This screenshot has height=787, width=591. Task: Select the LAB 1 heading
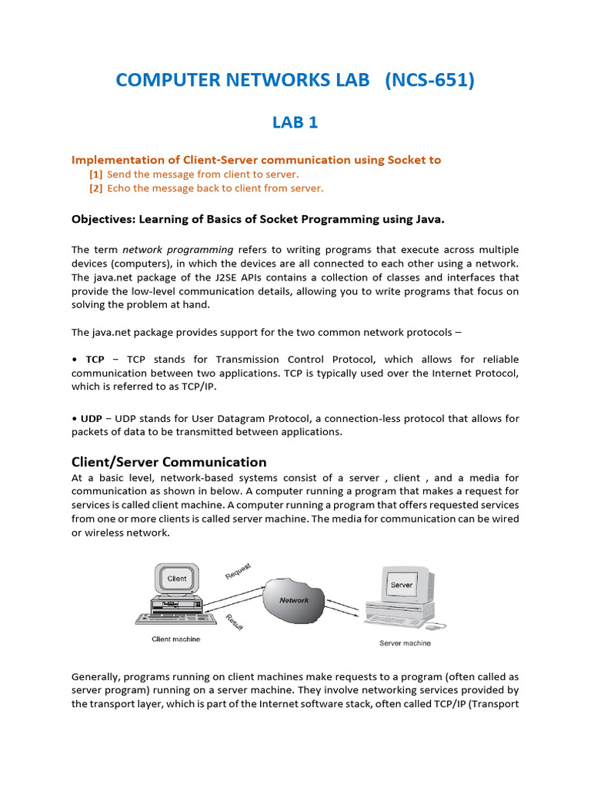(295, 122)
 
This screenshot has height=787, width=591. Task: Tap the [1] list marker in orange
(96, 174)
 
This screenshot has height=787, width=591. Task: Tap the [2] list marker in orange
(96, 188)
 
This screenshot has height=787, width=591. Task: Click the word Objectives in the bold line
(102, 219)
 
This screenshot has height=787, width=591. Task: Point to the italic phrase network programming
(178, 250)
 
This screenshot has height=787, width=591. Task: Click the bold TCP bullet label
(95, 360)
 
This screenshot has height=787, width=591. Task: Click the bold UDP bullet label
(91, 419)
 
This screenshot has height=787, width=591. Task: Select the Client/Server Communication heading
(169, 462)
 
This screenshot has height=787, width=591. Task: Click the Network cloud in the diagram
(294, 600)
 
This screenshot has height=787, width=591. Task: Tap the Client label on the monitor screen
(177, 578)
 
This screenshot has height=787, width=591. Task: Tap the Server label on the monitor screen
(402, 585)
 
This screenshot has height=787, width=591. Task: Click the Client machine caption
(175, 639)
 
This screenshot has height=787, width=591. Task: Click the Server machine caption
(405, 643)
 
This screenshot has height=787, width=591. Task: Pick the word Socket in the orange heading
(392, 160)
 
